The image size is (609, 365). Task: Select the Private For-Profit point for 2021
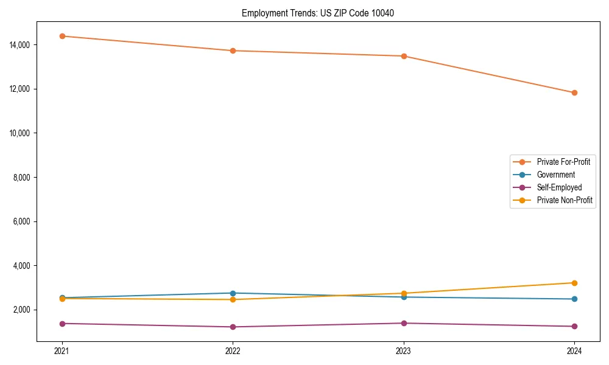(62, 36)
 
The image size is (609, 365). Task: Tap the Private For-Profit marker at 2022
(233, 50)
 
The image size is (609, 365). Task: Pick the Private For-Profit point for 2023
(404, 56)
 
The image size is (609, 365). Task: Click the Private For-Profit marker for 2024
(574, 92)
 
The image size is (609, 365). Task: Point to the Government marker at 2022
(233, 293)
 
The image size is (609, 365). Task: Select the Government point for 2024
(574, 299)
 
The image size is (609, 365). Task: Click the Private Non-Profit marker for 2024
(574, 283)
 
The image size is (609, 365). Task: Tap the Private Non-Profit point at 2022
(233, 299)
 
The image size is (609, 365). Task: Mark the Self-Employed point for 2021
(62, 324)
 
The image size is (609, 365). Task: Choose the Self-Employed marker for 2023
(404, 323)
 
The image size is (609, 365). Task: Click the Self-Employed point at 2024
(574, 327)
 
